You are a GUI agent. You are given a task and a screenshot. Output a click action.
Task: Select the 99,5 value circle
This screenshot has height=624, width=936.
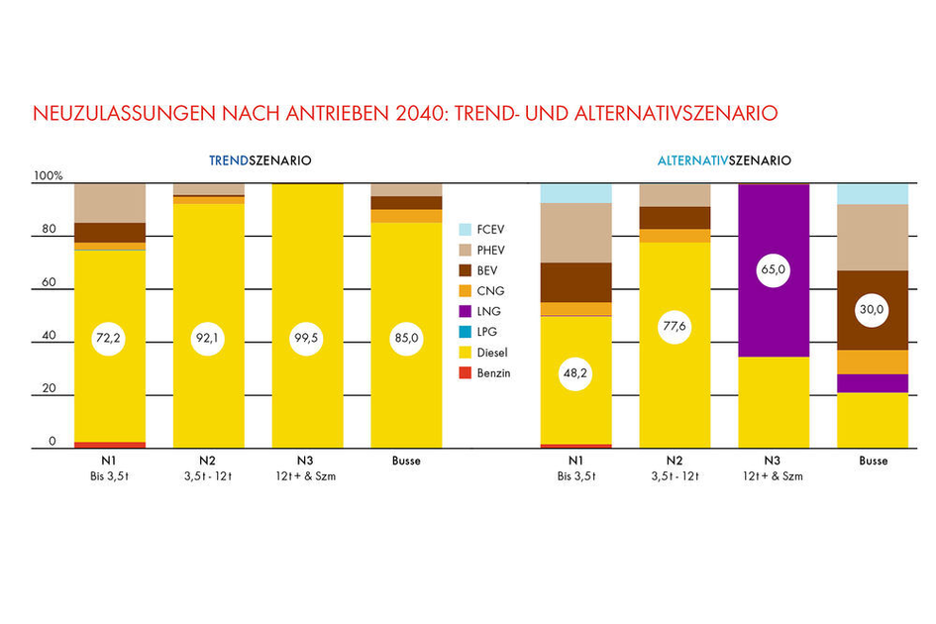pyautogui.click(x=308, y=339)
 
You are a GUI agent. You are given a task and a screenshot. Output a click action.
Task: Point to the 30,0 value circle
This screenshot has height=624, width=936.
pyautogui.click(x=873, y=311)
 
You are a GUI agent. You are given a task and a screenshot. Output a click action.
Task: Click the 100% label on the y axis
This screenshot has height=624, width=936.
pyautogui.click(x=48, y=176)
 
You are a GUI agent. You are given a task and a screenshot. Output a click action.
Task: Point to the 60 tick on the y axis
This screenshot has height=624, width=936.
pyautogui.click(x=48, y=283)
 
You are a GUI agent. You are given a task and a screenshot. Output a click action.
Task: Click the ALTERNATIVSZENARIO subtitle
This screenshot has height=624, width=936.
pyautogui.click(x=725, y=159)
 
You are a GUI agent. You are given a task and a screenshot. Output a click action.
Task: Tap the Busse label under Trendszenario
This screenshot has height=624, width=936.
pyautogui.click(x=407, y=461)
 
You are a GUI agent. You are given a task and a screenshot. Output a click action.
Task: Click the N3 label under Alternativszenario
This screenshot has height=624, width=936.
pyautogui.click(x=774, y=461)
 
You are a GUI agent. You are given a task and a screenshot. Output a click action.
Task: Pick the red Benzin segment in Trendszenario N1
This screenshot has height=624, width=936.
pyautogui.click(x=110, y=445)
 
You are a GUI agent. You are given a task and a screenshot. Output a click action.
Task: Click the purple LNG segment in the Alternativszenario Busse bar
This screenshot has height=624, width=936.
pyautogui.click(x=873, y=383)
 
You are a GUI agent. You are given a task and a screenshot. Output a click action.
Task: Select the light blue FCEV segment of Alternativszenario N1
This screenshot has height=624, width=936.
pyautogui.click(x=575, y=193)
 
